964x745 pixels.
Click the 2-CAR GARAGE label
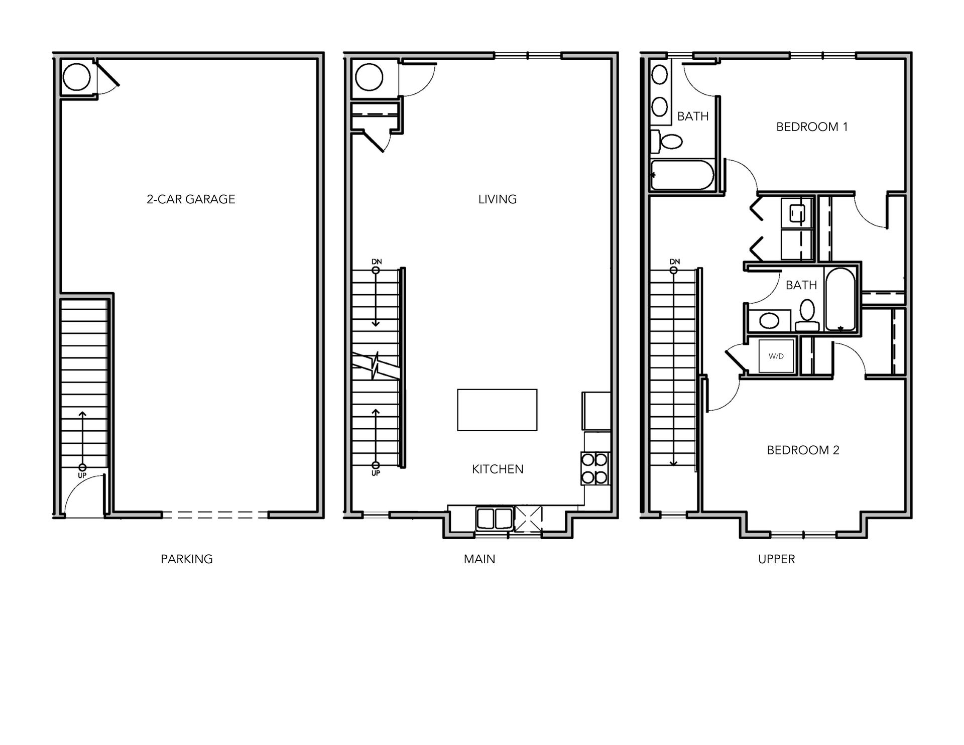tap(191, 199)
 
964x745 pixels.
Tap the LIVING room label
tap(497, 199)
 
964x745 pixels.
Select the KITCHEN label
tap(497, 469)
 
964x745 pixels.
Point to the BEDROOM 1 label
tap(812, 127)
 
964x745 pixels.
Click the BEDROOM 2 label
tap(803, 450)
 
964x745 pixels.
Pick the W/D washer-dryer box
tap(776, 356)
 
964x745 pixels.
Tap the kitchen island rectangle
tap(497, 410)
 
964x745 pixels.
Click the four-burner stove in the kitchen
tap(595, 468)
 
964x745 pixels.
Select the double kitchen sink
tap(495, 518)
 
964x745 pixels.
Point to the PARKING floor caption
tap(187, 559)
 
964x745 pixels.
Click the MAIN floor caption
tap(479, 559)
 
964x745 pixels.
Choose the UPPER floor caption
tap(776, 559)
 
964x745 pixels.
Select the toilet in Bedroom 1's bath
tap(668, 142)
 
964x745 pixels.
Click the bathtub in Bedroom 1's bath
tap(682, 175)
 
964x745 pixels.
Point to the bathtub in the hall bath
tap(840, 300)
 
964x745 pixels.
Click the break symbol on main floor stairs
tap(376, 365)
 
